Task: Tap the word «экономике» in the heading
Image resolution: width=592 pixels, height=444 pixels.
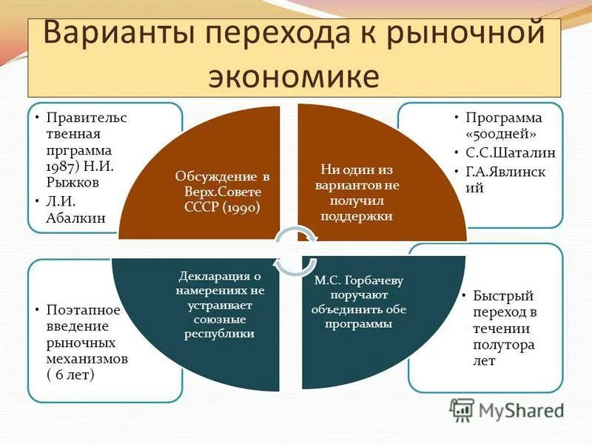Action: click(295, 77)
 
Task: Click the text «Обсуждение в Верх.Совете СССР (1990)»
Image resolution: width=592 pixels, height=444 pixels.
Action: click(223, 192)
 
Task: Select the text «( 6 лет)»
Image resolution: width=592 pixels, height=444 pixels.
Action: click(70, 376)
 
